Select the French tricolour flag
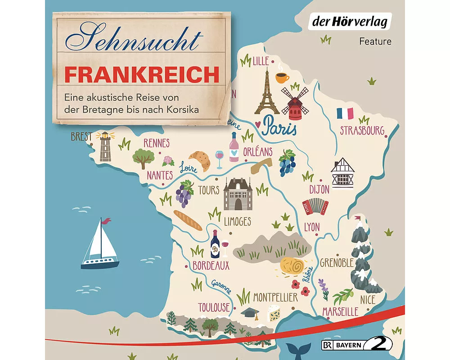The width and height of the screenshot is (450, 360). pyautogui.click(x=345, y=113)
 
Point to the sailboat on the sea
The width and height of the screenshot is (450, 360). pyautogui.click(x=99, y=244)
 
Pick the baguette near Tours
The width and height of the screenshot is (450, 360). pyautogui.click(x=188, y=220)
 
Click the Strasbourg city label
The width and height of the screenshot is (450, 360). pyautogui.click(x=362, y=130)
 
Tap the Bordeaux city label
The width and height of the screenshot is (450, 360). pyautogui.click(x=211, y=265)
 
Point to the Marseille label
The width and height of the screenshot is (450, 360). pyautogui.click(x=340, y=311)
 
